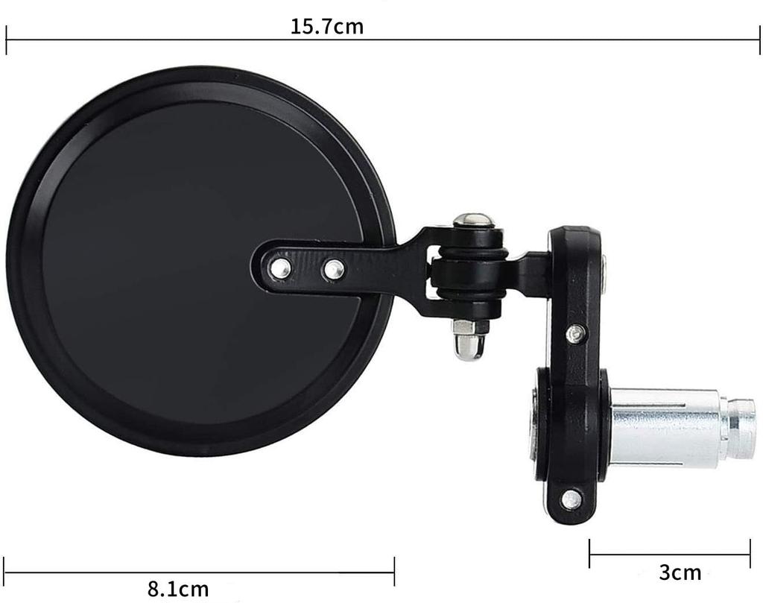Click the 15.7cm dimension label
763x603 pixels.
tap(326, 27)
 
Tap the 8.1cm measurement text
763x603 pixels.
tap(178, 589)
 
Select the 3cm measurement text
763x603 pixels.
tap(680, 572)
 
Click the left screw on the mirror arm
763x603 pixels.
tap(280, 268)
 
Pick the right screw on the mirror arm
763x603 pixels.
tap(333, 269)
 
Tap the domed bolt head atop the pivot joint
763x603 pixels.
tap(473, 220)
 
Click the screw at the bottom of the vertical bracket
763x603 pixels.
tap(572, 499)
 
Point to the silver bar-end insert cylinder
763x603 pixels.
tap(663, 428)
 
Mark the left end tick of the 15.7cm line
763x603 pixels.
tap(6, 40)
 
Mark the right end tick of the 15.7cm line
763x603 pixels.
tap(759, 40)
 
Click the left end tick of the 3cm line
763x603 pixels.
tap(589, 554)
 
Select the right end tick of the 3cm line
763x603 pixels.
tap(750, 554)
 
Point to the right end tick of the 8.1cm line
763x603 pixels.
tap(394, 572)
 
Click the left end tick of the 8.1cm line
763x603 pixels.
tap(4, 572)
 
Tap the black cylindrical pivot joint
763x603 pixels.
tap(469, 268)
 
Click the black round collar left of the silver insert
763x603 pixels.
tap(541, 425)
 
